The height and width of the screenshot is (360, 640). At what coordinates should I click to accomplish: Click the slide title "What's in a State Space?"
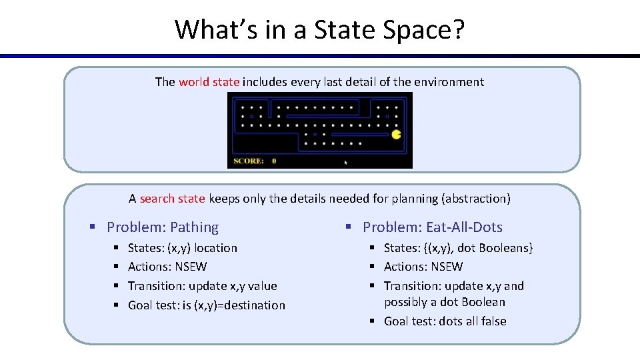(319, 29)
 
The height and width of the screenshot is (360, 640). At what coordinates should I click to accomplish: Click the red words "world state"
(209, 82)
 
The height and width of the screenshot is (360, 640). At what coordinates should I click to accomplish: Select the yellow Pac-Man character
(397, 134)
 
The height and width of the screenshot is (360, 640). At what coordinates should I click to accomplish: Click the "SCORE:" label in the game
(248, 161)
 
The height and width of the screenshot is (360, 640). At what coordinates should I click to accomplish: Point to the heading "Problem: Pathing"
(162, 227)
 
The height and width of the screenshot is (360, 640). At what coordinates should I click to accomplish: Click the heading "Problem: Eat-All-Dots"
(432, 227)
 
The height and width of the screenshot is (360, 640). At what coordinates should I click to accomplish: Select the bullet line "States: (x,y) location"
(182, 248)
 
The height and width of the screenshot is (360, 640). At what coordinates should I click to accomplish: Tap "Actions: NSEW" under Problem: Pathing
(167, 267)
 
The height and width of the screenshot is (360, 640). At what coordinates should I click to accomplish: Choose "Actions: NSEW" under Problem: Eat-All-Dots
(423, 267)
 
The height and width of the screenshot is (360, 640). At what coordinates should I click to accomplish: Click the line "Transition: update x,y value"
(202, 286)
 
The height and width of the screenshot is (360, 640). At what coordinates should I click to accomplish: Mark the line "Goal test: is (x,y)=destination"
(206, 305)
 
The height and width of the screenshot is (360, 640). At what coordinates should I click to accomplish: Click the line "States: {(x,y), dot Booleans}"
(458, 248)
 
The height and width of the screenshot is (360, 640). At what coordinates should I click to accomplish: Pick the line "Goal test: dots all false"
(445, 321)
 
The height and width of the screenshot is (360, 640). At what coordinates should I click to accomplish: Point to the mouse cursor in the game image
(345, 162)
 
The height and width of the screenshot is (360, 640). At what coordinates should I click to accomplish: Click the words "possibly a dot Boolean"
(444, 302)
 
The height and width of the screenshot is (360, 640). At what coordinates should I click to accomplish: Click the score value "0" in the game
(274, 161)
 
